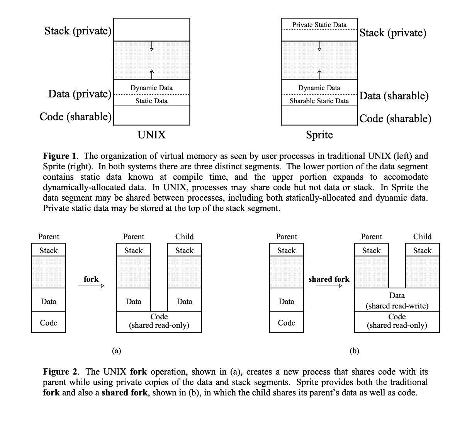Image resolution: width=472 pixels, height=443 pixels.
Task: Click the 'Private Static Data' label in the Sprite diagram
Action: [319, 25]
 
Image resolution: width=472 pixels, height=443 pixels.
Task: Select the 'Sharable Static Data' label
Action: [319, 101]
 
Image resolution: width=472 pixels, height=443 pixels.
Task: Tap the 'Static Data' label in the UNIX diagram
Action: [151, 101]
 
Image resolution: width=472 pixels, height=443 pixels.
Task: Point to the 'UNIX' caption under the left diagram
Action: [151, 135]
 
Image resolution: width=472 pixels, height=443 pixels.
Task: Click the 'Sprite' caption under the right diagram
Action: [319, 135]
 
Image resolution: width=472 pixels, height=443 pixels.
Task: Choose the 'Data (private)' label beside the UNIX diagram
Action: [80, 94]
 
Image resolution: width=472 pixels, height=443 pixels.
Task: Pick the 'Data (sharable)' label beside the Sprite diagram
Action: [394, 96]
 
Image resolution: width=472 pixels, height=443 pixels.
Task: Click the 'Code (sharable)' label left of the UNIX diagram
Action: [75, 116]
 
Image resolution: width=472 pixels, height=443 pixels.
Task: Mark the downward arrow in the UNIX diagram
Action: [151, 48]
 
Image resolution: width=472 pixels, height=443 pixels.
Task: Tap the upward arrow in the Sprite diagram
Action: [319, 72]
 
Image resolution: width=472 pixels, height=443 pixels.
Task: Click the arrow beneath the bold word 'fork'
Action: [91, 286]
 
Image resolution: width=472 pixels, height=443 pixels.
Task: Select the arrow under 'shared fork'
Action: [329, 286]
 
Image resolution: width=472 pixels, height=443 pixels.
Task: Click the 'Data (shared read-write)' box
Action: [397, 301]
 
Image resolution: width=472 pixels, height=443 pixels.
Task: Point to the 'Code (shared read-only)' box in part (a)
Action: [159, 321]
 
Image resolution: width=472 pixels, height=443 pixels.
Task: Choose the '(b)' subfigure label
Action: [354, 351]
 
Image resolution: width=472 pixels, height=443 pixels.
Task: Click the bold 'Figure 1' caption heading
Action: [61, 156]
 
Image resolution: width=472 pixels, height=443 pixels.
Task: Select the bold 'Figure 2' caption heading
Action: [61, 372]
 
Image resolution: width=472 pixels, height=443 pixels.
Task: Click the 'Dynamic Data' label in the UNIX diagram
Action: [151, 88]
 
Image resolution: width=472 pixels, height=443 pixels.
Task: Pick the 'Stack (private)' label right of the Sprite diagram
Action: [393, 33]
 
